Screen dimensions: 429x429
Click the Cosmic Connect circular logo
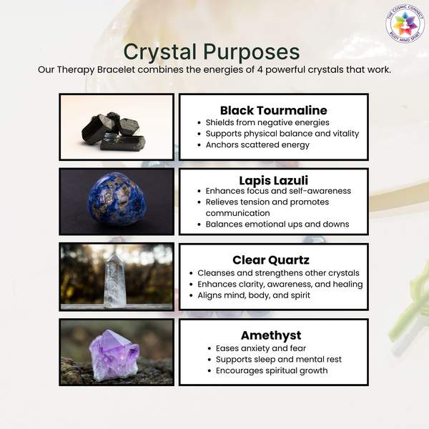pyautogui.click(x=405, y=24)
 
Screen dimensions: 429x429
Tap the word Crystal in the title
pyautogui.click(x=160, y=52)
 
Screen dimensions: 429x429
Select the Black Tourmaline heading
pyautogui.click(x=274, y=111)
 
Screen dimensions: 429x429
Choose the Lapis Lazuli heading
pyautogui.click(x=274, y=181)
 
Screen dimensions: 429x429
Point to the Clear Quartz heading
pyautogui.click(x=271, y=260)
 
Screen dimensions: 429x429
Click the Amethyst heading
pyautogui.click(x=271, y=336)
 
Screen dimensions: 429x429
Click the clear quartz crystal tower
pyautogui.click(x=114, y=281)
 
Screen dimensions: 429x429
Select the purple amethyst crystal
pyautogui.click(x=114, y=355)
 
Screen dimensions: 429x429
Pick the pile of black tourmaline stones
pyautogui.click(x=114, y=132)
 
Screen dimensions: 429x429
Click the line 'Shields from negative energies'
pyautogui.click(x=267, y=122)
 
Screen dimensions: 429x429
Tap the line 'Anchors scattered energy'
pyautogui.click(x=257, y=144)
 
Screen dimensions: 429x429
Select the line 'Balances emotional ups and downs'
pyautogui.click(x=277, y=224)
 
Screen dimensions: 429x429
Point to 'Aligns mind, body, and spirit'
pyautogui.click(x=254, y=295)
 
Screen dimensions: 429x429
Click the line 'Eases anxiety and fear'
pyautogui.click(x=261, y=348)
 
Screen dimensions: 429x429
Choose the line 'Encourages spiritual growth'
pyautogui.click(x=272, y=370)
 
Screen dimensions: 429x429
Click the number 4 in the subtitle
pyautogui.click(x=260, y=69)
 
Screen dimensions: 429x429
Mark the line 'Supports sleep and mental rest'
pyautogui.click(x=279, y=359)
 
